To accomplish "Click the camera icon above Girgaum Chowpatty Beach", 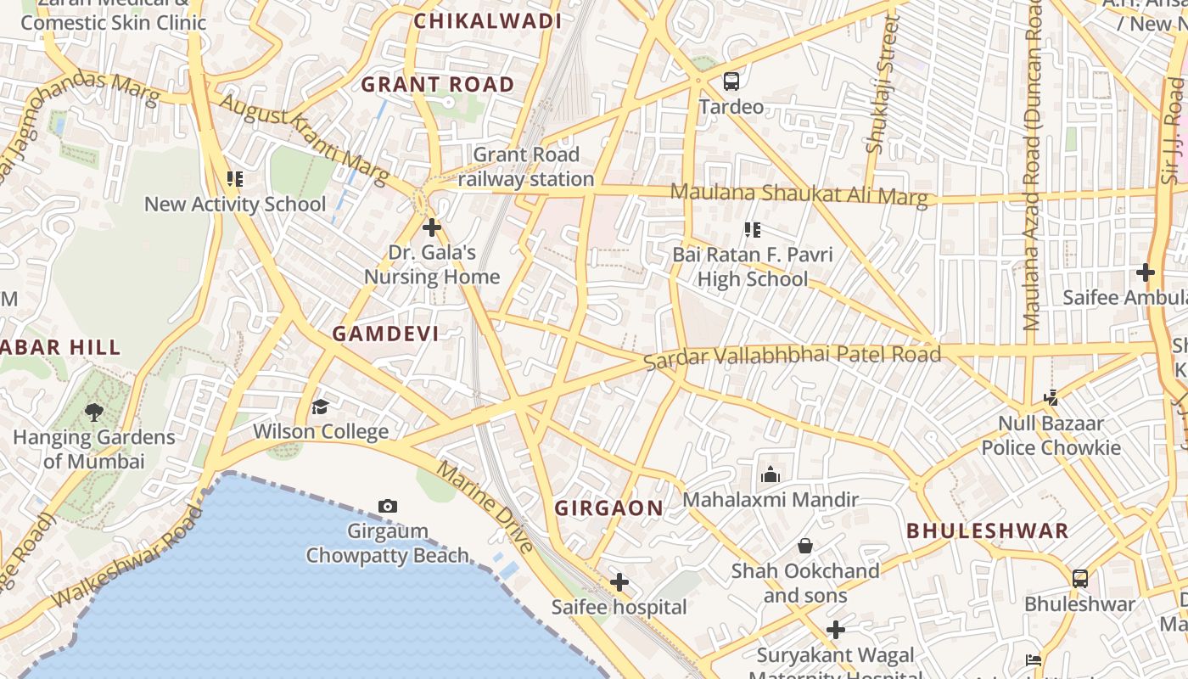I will tap(388, 507).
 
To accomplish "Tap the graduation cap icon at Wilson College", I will tap(320, 407).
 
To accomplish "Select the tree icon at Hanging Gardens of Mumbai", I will tap(94, 412).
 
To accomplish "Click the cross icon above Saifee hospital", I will tap(619, 582).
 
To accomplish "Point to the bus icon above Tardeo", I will tap(731, 81).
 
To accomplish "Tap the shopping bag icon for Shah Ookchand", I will tap(804, 546).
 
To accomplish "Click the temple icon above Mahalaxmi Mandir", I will tap(771, 474).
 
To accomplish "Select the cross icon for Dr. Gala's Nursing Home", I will tap(432, 227).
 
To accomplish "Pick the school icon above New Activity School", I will tap(235, 179).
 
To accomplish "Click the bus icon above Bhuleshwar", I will tap(1079, 579).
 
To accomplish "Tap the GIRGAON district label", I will tap(608, 508).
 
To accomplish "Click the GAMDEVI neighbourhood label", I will tap(386, 334).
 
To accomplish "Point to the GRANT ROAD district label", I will tap(438, 84).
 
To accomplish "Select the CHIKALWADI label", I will tap(488, 21).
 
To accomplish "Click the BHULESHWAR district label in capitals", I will tap(988, 531).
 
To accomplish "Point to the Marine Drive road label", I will tap(485, 507).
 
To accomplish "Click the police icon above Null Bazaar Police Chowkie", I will tap(1051, 397).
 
